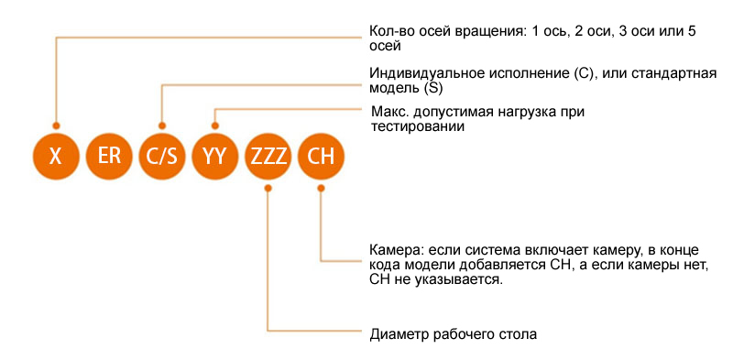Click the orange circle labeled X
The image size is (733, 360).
(56, 156)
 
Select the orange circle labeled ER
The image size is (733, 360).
(109, 156)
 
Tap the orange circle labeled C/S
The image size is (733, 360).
(162, 156)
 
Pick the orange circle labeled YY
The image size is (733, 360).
(215, 156)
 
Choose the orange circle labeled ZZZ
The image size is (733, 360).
(268, 156)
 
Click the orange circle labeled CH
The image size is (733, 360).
(322, 156)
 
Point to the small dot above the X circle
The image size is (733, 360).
(56, 125)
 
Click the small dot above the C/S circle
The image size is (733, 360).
(162, 125)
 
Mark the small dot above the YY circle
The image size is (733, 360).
(215, 125)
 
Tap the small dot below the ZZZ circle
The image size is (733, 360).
(268, 188)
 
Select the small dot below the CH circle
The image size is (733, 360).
(322, 188)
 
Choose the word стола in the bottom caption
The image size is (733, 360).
(518, 333)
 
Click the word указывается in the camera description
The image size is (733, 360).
(456, 279)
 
